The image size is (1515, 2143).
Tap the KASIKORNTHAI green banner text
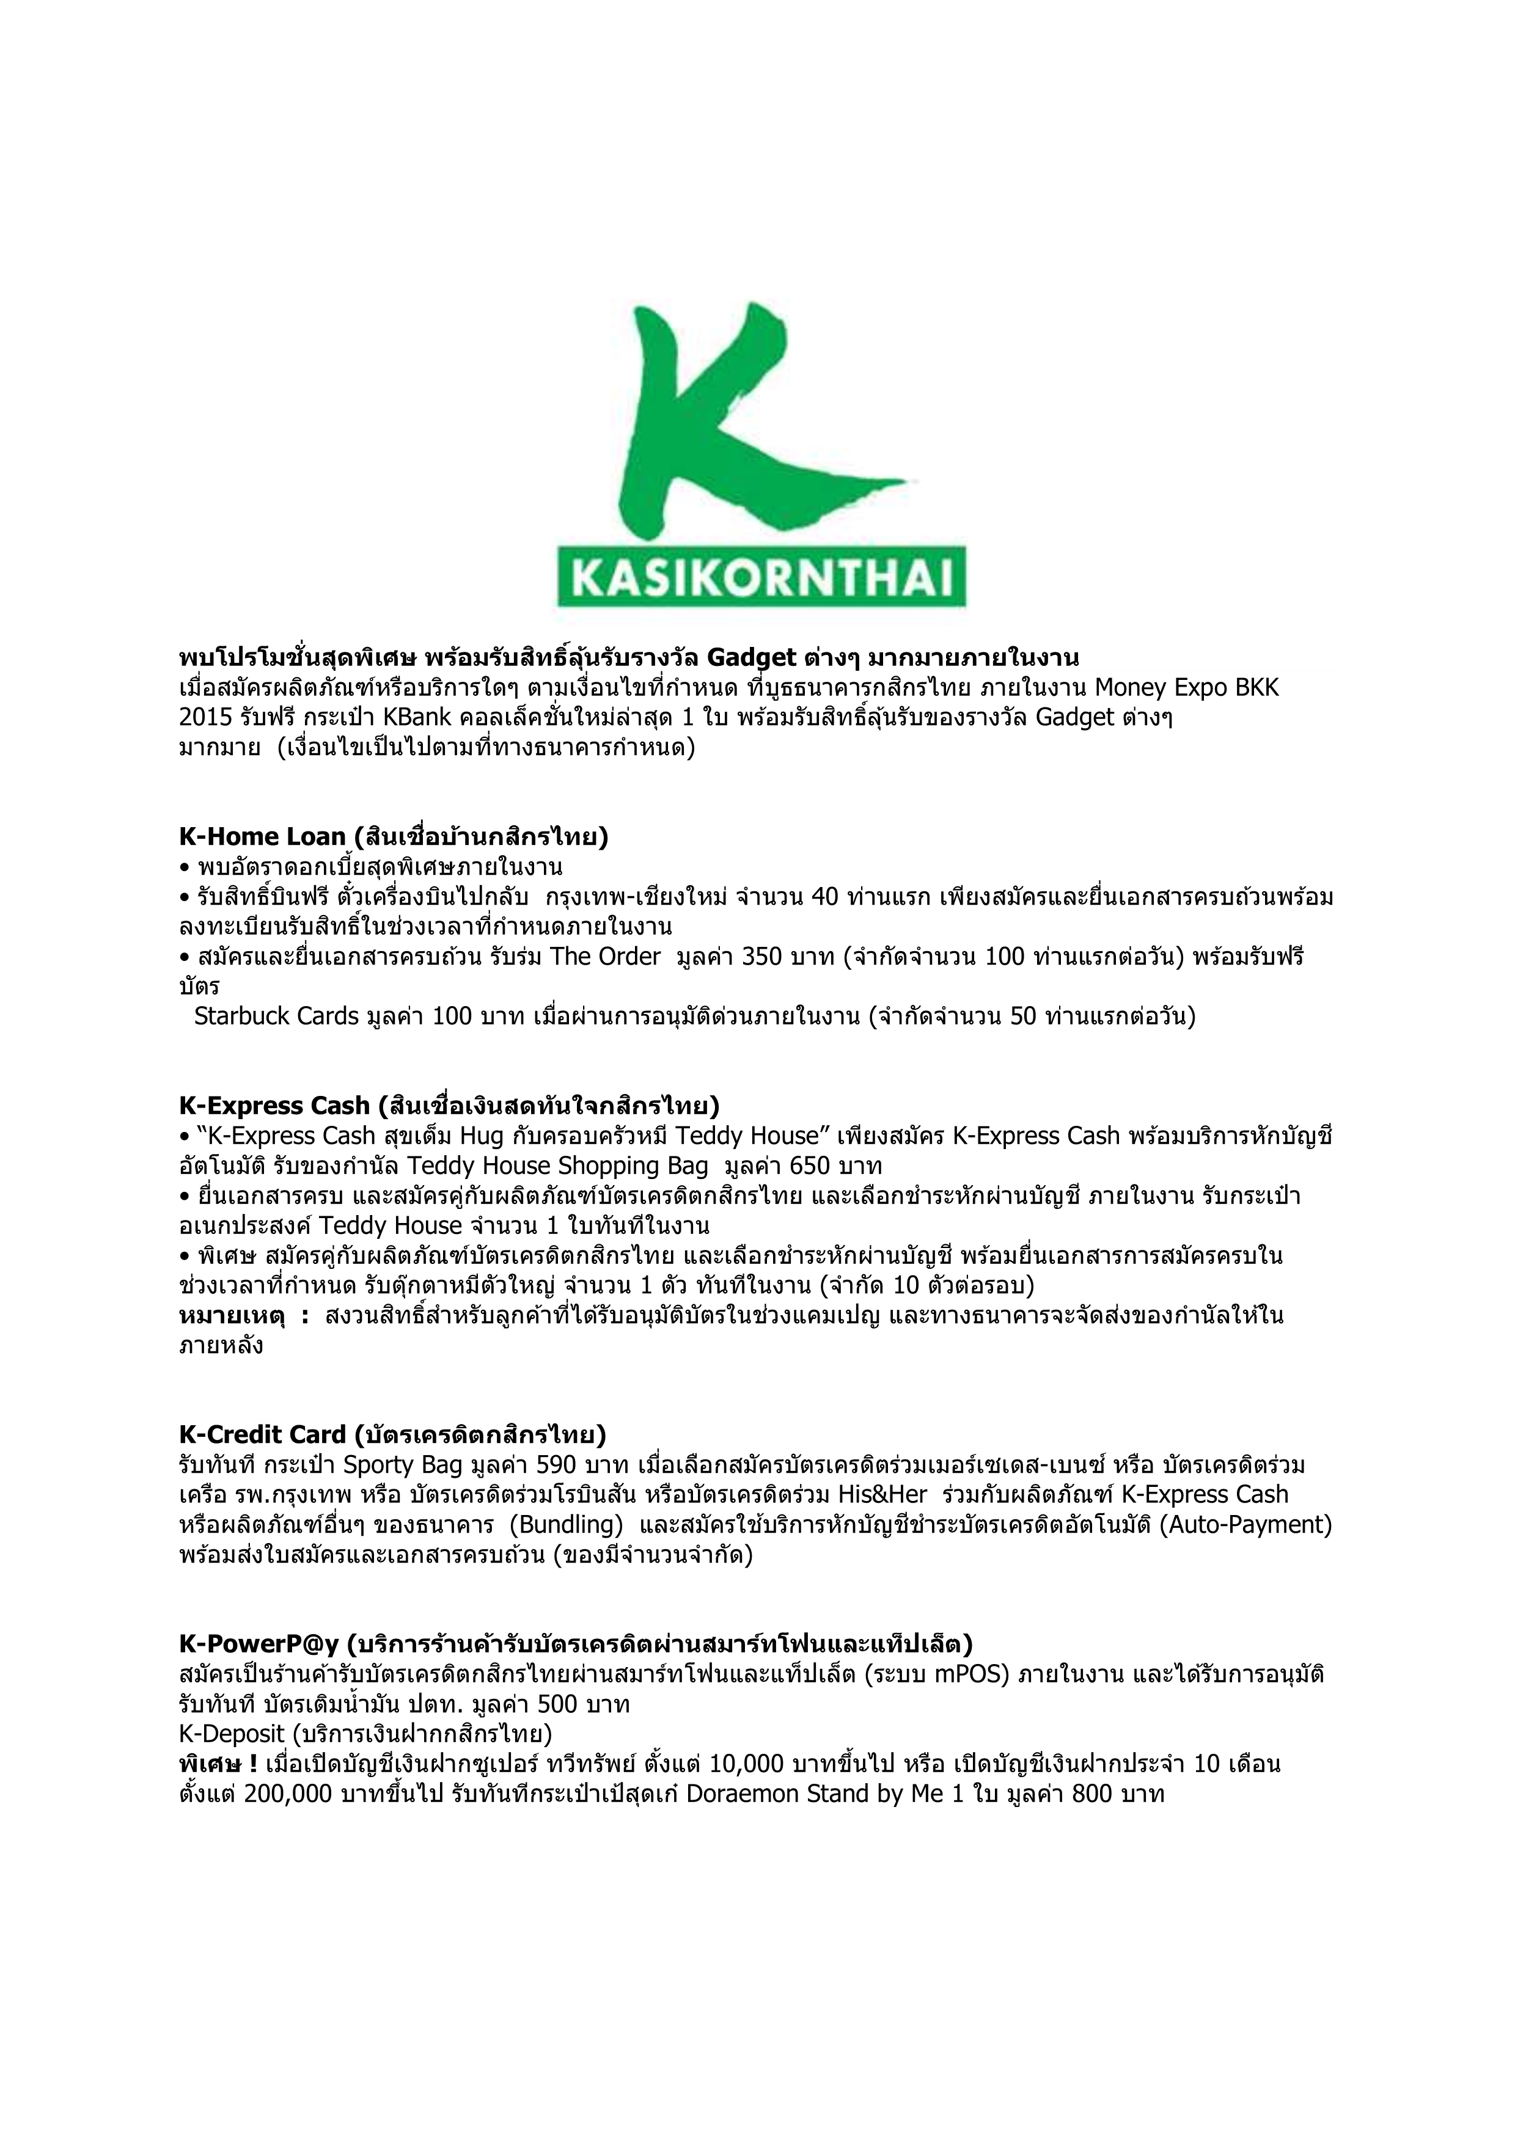pyautogui.click(x=761, y=578)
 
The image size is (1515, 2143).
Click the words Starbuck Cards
pyautogui.click(x=276, y=1017)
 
